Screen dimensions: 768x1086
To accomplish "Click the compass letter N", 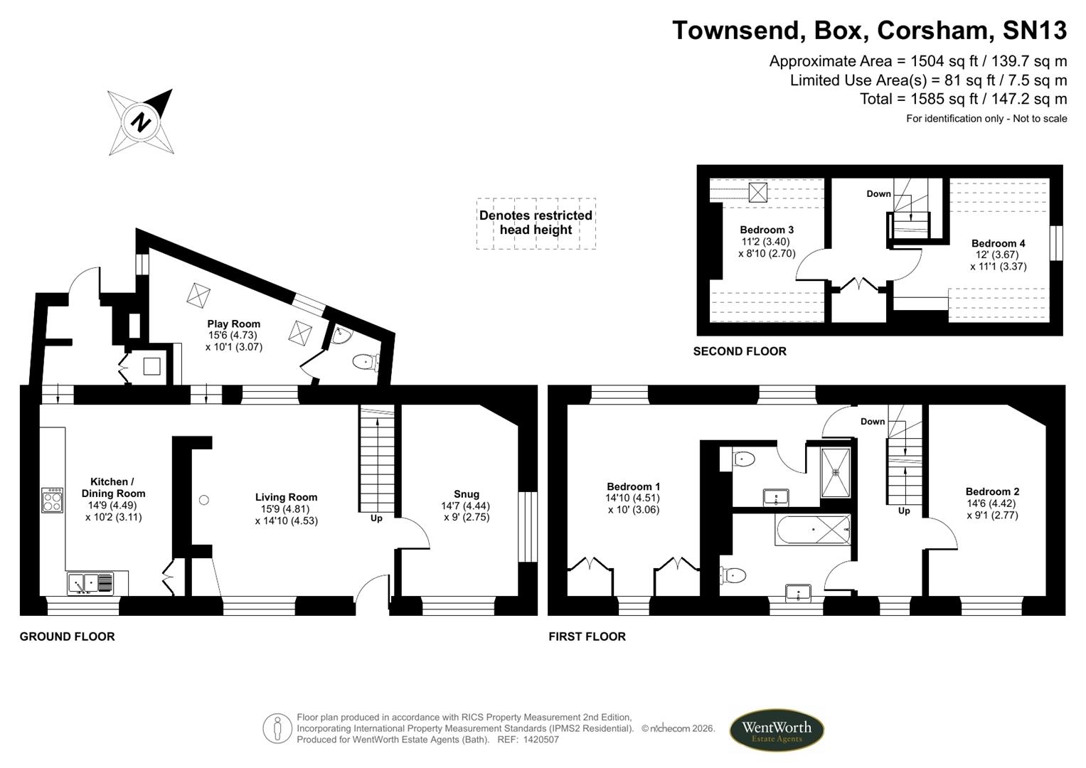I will coord(142,122).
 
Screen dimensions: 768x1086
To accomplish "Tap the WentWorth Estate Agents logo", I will coord(776,731).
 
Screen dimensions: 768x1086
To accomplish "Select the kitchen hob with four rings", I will coord(53,500).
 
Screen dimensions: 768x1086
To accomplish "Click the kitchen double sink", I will coord(90,584).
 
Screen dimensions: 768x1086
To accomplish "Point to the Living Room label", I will coord(286,497).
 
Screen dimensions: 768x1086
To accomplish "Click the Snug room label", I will coord(467,494).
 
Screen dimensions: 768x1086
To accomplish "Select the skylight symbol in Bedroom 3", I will coord(758,192).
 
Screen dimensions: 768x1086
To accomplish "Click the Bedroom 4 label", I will coord(998,243).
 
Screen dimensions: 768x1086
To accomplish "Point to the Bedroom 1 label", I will coord(633,486).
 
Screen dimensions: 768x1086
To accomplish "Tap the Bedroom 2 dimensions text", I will coord(992,509).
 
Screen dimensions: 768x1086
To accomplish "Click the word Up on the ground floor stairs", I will coord(376,518).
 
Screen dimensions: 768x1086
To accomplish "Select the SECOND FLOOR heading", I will coord(740,351).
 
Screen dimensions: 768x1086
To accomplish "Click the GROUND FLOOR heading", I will coord(67,636).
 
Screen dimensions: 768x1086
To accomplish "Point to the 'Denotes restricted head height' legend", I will coord(536,223).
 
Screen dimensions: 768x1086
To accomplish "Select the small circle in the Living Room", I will coord(204,500).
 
